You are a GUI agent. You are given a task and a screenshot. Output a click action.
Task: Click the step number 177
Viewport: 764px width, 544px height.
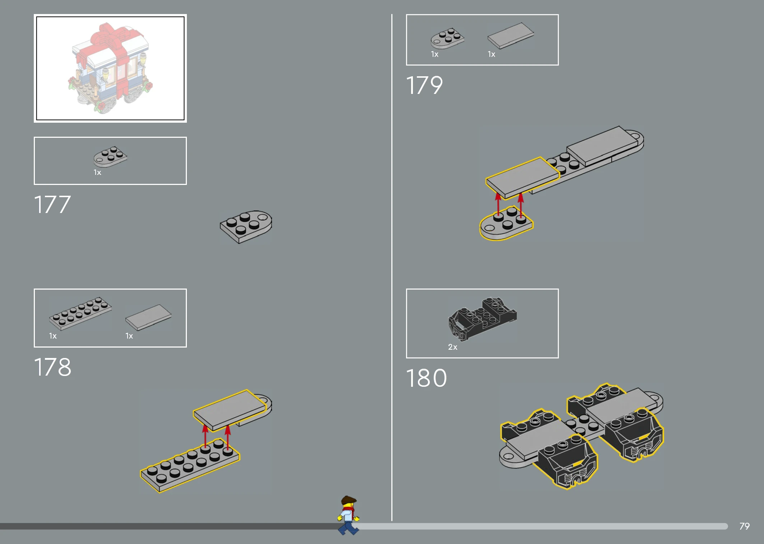[52, 205]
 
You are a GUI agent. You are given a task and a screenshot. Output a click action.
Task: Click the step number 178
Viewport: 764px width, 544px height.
[53, 367]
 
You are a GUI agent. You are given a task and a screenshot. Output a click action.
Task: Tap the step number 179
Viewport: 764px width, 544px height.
[424, 85]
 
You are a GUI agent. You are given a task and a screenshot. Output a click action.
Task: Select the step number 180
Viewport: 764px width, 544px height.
[427, 378]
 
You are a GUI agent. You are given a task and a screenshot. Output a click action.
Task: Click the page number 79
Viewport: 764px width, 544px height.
[745, 526]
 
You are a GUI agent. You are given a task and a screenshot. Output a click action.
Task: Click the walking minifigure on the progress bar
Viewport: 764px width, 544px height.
[348, 515]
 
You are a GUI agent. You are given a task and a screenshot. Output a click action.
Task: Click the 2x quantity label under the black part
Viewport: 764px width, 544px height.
[452, 347]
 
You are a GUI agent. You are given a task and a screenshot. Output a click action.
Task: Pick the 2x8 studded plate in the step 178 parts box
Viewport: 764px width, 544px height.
[80, 313]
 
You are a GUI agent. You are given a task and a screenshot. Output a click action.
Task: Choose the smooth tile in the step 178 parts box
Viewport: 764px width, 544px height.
[148, 317]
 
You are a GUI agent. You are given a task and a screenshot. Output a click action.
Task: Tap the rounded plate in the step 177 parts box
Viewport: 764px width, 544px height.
[110, 156]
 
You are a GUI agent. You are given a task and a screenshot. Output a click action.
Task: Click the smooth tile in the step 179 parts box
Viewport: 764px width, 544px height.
[511, 35]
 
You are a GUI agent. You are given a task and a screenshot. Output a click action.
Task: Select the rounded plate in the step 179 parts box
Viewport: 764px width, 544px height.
[447, 38]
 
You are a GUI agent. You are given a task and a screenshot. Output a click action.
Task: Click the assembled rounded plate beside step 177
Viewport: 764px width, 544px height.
[246, 227]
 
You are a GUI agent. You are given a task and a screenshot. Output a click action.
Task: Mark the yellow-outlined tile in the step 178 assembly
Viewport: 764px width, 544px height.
[230, 410]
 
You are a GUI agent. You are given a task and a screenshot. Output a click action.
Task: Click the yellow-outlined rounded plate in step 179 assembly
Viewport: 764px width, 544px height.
[506, 223]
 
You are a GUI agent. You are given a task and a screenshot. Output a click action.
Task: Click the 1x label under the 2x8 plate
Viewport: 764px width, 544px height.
[53, 336]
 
